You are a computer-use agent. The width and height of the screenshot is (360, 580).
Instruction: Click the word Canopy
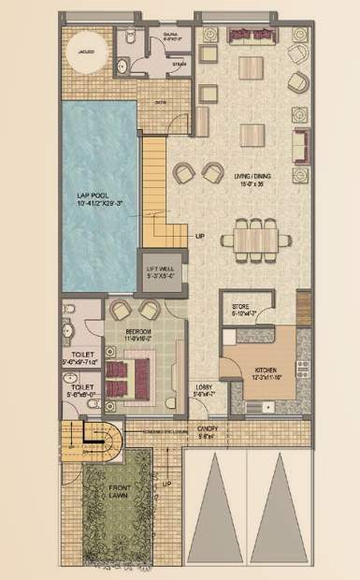207,429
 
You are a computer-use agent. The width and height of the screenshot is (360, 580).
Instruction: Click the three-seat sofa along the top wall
250,36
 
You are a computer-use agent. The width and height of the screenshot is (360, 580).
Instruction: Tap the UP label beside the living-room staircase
200,236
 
